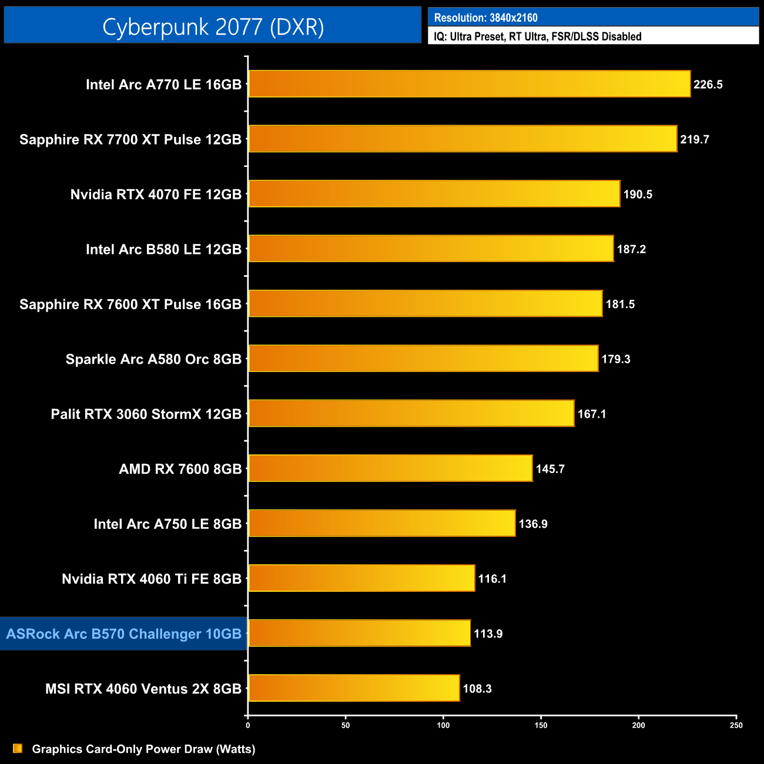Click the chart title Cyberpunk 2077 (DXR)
click(x=213, y=27)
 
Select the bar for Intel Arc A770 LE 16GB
click(x=469, y=84)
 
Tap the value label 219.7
click(x=695, y=140)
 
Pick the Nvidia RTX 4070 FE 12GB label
click(x=156, y=195)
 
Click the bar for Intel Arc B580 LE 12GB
click(x=431, y=249)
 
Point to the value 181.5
click(x=620, y=304)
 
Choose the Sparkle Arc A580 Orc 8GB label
click(x=153, y=359)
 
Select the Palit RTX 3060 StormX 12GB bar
click(x=411, y=414)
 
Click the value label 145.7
click(x=550, y=469)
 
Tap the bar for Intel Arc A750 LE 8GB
click(x=382, y=524)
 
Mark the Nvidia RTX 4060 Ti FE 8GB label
click(x=152, y=579)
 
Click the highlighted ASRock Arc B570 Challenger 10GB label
click(x=124, y=634)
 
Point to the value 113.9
click(x=488, y=634)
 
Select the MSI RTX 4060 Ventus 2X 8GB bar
click(x=354, y=688)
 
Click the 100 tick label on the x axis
click(x=443, y=725)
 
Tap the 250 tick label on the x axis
click(x=736, y=725)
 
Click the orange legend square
click(x=18, y=749)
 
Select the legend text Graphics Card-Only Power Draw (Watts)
click(x=143, y=749)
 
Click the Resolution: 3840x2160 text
click(x=485, y=18)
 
